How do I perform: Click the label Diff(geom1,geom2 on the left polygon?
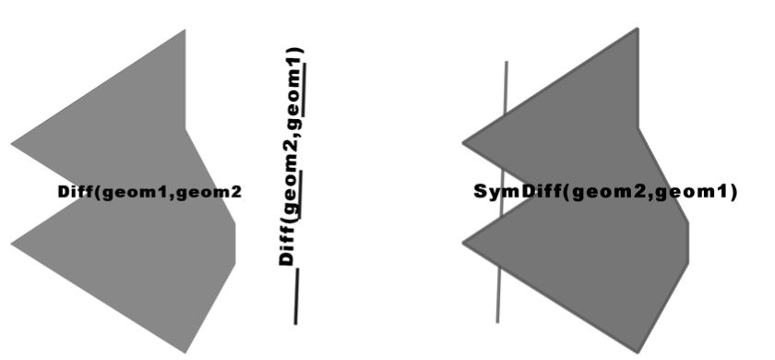[149, 192]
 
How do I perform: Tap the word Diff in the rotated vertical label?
[289, 247]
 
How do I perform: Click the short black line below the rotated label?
[296, 295]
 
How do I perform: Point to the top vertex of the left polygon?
[185, 30]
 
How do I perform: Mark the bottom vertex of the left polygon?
[186, 352]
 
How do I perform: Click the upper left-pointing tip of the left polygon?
[12, 144]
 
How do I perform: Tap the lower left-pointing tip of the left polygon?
[12, 243]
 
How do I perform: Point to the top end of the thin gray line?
[506, 63]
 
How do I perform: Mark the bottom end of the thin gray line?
[497, 321]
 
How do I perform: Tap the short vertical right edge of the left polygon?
[235, 243]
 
